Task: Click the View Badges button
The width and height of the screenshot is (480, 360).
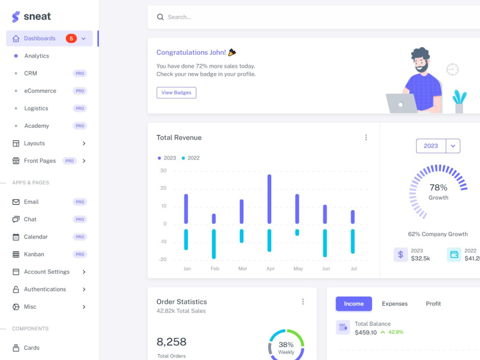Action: pos(176,93)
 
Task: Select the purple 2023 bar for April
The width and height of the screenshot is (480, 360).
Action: pos(269,199)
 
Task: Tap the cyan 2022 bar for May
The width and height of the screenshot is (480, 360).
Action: pos(297,232)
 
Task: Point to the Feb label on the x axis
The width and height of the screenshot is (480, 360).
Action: pos(215,268)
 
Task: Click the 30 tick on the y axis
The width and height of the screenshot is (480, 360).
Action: pos(164,170)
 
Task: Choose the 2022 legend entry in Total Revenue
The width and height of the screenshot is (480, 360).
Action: pos(191,158)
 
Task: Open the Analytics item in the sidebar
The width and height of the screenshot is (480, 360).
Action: pos(37,56)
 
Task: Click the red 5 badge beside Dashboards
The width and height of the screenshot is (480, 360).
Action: pos(71,38)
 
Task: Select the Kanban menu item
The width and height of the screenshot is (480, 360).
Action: pos(34,254)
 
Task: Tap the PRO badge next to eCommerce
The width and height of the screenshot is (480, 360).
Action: pos(80,91)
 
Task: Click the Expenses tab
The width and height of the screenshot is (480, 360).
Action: pos(395,304)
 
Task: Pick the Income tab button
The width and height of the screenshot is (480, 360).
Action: pos(354,304)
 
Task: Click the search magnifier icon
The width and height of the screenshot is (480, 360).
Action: pos(160,17)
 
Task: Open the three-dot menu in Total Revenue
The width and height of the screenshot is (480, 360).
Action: pos(366,137)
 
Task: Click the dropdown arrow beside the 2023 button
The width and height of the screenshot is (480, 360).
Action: pos(453,146)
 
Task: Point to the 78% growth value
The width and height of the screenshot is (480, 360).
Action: pos(438,187)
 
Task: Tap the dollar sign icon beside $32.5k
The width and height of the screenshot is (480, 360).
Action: pos(400,255)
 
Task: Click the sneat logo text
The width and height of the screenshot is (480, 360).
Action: pos(37,16)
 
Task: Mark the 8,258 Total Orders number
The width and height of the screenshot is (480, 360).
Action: pos(171,342)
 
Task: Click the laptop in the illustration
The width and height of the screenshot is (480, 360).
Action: pos(401,104)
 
